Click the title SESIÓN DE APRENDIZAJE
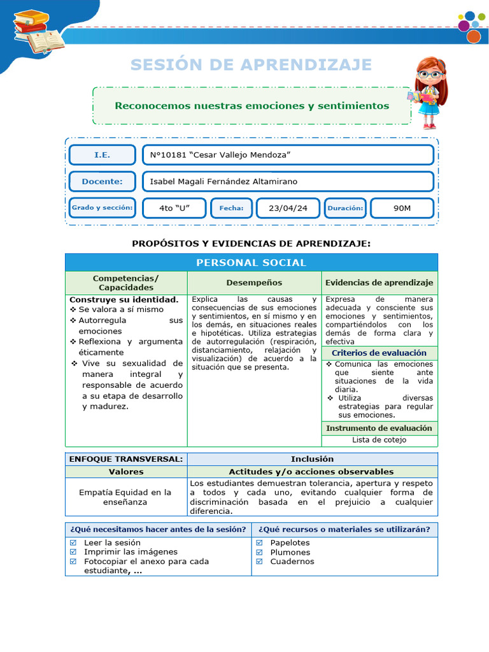(x=251, y=65)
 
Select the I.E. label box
(x=102, y=155)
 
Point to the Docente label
(x=102, y=181)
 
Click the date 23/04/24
(x=288, y=208)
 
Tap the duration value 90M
(x=402, y=208)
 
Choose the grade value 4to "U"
(x=174, y=208)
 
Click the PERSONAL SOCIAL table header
(x=251, y=262)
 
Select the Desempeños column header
(x=254, y=283)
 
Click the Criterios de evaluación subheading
(x=379, y=353)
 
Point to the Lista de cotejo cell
(x=379, y=440)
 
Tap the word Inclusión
(x=312, y=459)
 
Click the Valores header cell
(x=126, y=472)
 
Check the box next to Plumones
(x=259, y=552)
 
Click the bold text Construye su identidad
(x=124, y=299)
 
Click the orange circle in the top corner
(x=473, y=36)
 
